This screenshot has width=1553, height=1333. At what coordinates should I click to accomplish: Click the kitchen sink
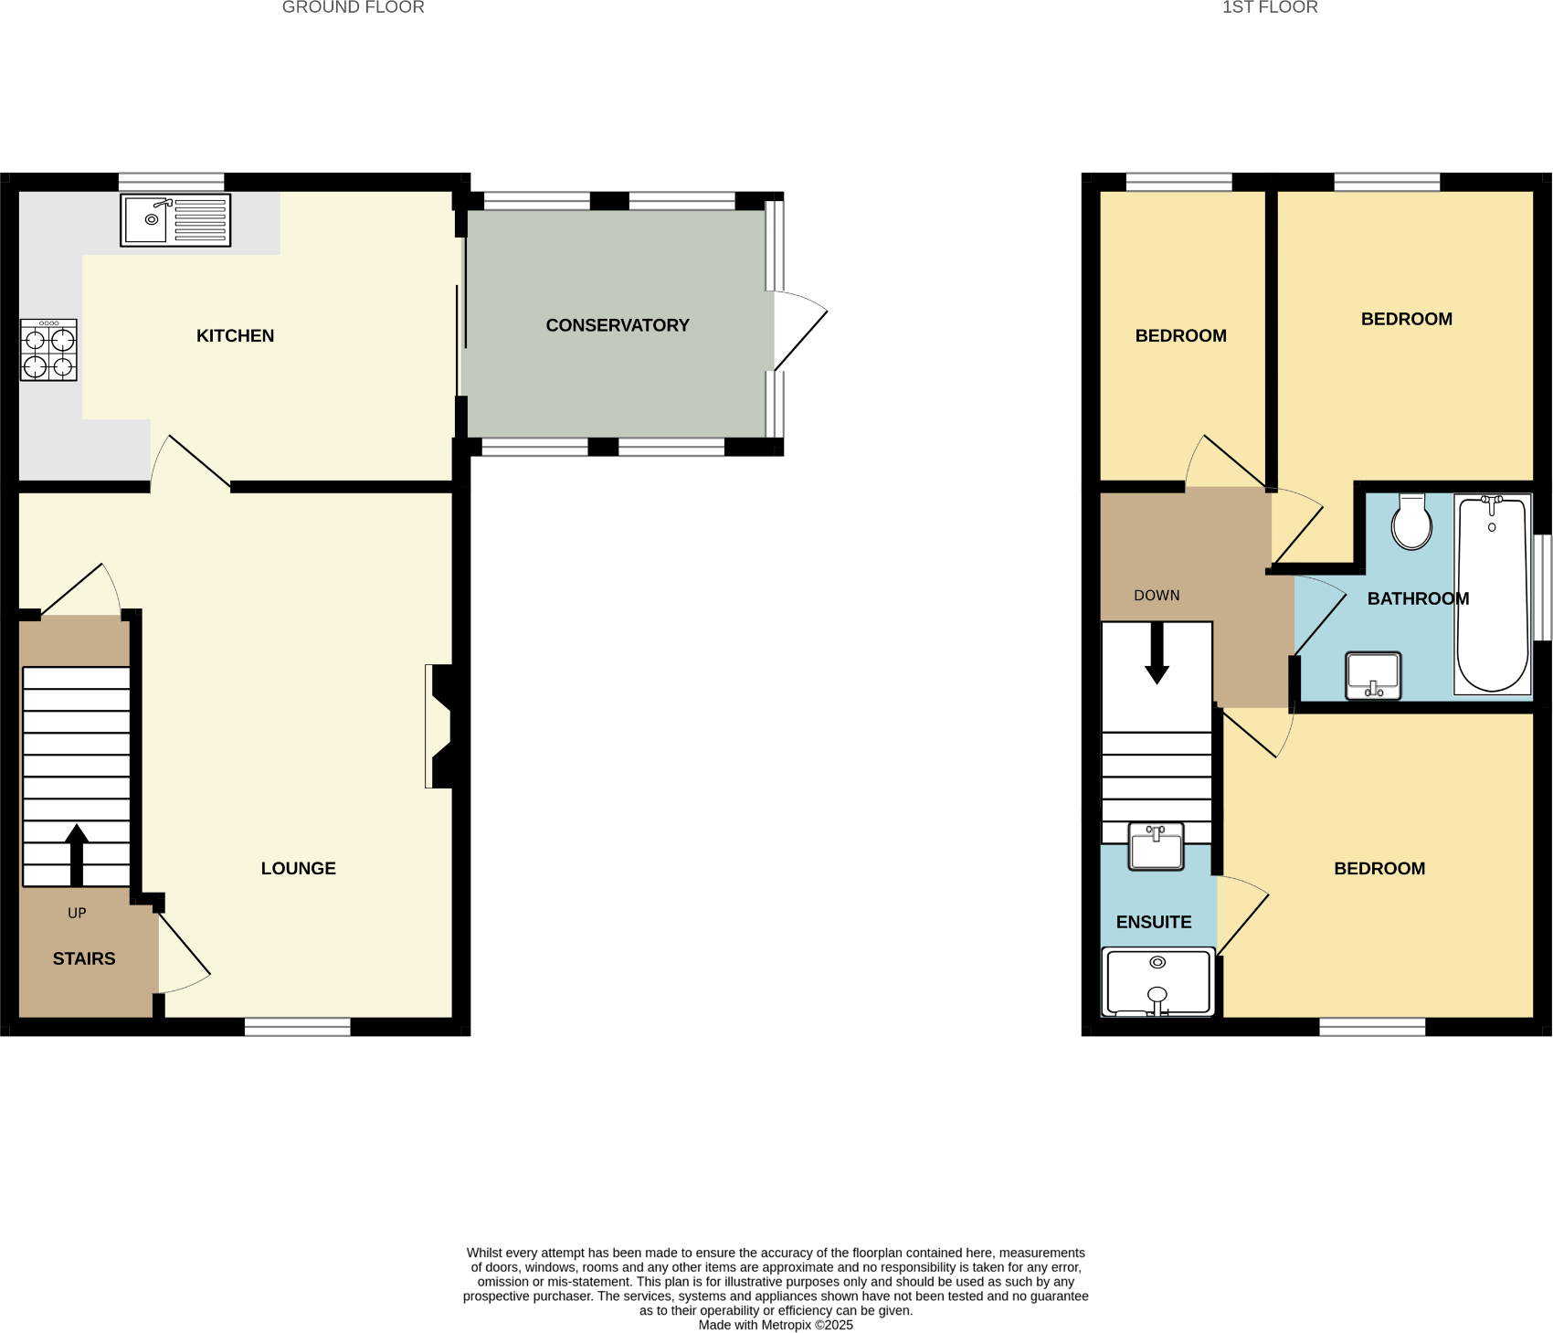click(174, 220)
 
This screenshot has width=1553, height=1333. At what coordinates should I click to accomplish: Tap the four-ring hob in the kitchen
click(48, 351)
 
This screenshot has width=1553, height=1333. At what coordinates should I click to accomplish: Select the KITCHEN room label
click(235, 336)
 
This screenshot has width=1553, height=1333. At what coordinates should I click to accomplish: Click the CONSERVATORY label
click(618, 325)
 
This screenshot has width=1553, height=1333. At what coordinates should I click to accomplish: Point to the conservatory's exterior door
click(799, 331)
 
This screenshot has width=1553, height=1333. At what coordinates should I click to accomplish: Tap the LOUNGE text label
click(299, 869)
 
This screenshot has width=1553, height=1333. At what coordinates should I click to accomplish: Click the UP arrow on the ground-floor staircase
click(77, 854)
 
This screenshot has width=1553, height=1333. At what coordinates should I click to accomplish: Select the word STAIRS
click(84, 958)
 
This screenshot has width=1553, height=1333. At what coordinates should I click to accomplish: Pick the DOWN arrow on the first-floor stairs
click(1157, 654)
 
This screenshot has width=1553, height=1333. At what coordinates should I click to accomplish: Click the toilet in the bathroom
click(1411, 523)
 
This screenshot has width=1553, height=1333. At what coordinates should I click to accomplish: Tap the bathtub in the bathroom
click(1493, 595)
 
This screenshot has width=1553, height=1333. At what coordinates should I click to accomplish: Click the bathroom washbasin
click(1373, 675)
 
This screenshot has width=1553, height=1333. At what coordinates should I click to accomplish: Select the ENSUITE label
click(1154, 923)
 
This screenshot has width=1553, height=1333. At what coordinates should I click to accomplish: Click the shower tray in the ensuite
click(1157, 982)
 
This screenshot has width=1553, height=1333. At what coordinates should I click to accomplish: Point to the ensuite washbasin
click(1156, 846)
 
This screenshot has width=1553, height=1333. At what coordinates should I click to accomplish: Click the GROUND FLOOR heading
click(353, 7)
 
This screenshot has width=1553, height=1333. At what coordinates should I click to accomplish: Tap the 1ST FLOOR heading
click(1270, 7)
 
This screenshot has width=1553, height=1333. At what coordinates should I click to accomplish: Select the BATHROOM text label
click(1418, 599)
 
